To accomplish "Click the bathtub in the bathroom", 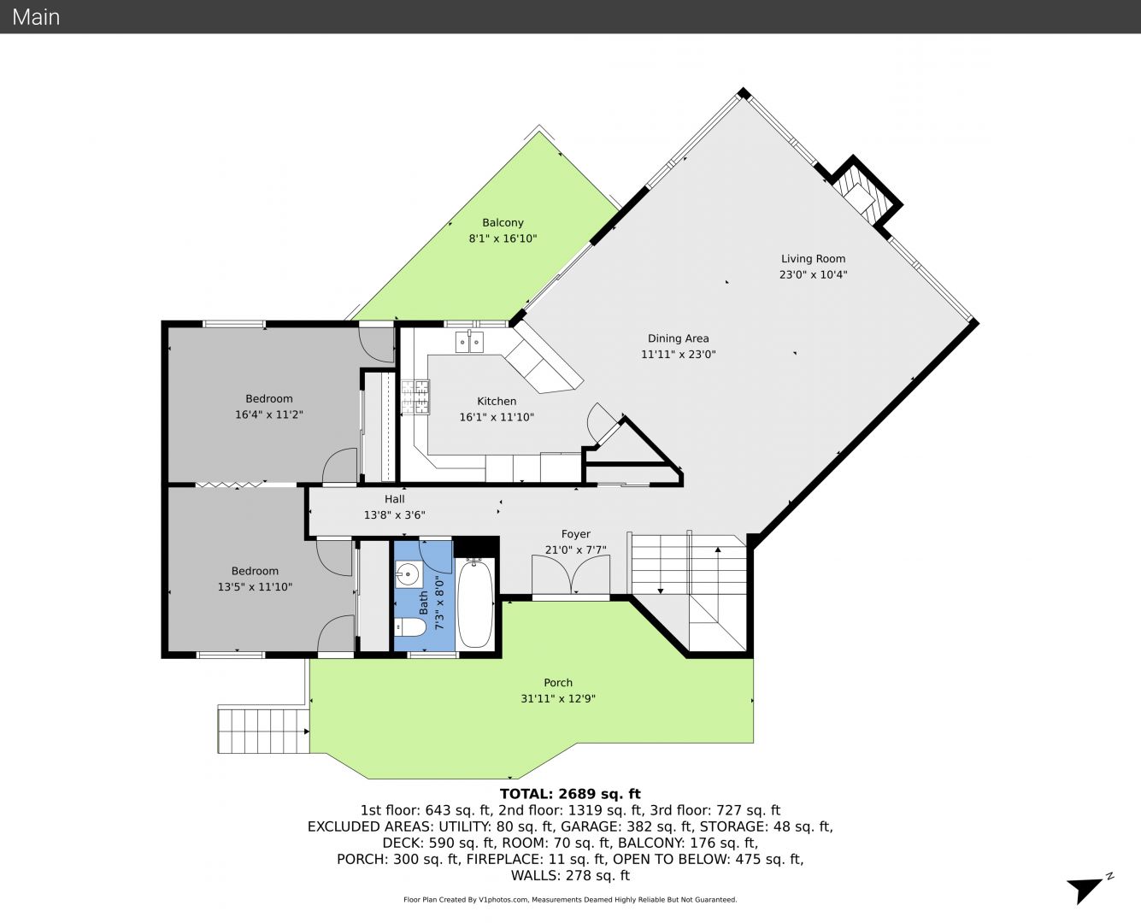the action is point(475,603).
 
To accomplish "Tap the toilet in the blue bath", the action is point(409,626).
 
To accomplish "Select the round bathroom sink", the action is point(408,575).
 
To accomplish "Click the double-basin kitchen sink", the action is point(469,343).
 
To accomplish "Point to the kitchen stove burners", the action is point(415,397).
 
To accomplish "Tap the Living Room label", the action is point(813,259).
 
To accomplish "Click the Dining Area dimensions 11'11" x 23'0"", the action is point(678,354).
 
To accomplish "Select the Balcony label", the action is point(503,223).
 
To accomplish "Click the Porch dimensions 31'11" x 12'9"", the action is point(558,698).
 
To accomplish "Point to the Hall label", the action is point(394,499).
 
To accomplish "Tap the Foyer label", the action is point(576,534).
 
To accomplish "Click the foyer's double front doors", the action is point(571,574).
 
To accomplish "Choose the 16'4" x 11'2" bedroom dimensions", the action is point(269,414).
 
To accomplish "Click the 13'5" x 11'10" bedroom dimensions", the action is point(255,586).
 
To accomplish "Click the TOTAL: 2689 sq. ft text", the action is point(570,794).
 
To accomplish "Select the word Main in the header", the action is point(36,17).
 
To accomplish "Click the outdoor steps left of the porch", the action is point(263,730).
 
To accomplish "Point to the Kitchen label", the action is point(497,401).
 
